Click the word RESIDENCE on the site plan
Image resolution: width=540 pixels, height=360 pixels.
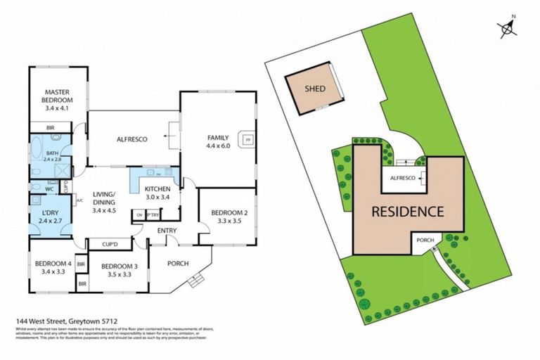(407, 211)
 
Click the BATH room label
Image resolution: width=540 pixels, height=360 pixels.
(53, 153)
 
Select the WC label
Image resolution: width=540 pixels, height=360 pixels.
(50, 188)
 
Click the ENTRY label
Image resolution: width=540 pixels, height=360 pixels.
(167, 230)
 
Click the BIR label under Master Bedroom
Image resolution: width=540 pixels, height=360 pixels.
(50, 128)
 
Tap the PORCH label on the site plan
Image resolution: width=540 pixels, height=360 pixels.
(426, 240)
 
